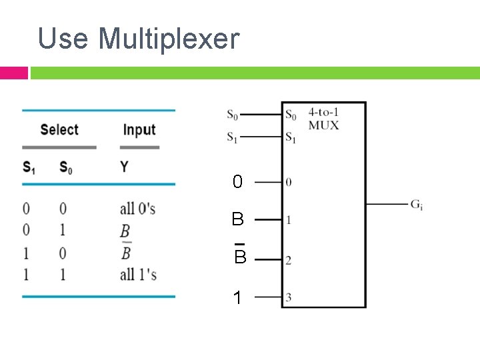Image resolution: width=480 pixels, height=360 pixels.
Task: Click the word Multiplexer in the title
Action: click(x=168, y=39)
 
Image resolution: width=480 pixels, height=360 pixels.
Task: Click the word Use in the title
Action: click(x=64, y=39)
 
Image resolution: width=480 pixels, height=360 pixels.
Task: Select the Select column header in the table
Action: click(x=59, y=129)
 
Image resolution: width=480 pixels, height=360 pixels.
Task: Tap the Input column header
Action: click(x=139, y=129)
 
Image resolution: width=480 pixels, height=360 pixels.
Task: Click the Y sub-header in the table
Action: click(x=124, y=167)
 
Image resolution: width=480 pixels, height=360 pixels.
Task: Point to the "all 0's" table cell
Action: click(x=137, y=209)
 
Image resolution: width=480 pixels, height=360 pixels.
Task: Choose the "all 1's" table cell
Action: click(x=137, y=274)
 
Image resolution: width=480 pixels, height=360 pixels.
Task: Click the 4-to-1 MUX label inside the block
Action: click(x=323, y=119)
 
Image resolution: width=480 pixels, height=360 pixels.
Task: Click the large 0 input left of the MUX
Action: click(x=237, y=181)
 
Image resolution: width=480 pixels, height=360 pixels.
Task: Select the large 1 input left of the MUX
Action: click(x=237, y=298)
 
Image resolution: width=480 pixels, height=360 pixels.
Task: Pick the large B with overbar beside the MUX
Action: click(x=240, y=256)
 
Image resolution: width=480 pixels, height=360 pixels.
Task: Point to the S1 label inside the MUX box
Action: click(x=291, y=138)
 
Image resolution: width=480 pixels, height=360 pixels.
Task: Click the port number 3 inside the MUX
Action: click(x=289, y=297)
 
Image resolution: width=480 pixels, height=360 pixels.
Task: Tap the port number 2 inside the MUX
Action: click(x=289, y=261)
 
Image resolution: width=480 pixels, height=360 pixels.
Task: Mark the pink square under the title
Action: click(x=13, y=73)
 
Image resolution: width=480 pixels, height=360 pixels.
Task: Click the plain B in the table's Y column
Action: click(x=125, y=231)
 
